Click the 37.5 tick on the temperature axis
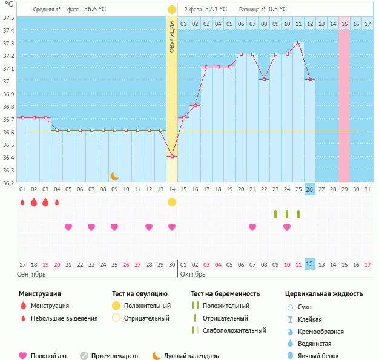[8, 18]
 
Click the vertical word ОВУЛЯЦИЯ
[172, 36]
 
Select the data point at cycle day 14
[172, 157]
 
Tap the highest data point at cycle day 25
[298, 42]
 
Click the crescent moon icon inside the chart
[114, 176]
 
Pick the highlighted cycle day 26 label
[309, 190]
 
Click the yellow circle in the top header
[172, 10]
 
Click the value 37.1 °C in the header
[216, 9]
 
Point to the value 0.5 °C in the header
[278, 9]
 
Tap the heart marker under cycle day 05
[68, 227]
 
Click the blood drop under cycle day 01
[22, 202]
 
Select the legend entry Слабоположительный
[234, 330]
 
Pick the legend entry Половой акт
[48, 356]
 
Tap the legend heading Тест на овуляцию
[139, 293]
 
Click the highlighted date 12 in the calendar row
[309, 264]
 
